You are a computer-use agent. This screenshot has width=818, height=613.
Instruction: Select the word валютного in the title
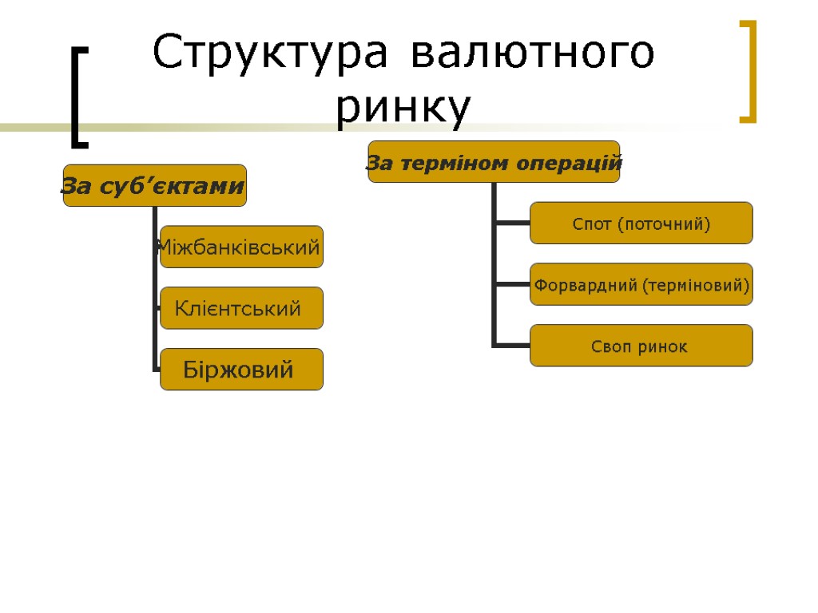(534, 54)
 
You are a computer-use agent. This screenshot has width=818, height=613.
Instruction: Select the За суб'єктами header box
(155, 185)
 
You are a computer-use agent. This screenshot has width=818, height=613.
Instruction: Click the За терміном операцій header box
(494, 162)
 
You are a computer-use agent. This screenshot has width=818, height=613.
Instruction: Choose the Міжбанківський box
(241, 247)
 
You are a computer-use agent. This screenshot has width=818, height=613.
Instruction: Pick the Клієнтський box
(241, 308)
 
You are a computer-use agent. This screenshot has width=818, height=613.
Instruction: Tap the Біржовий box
(241, 370)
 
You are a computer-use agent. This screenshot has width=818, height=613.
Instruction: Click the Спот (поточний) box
(641, 223)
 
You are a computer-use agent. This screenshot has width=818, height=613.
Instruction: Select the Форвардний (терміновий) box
(641, 284)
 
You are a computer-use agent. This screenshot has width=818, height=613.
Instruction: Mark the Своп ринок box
(641, 346)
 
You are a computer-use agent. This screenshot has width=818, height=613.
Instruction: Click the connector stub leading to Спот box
(512, 223)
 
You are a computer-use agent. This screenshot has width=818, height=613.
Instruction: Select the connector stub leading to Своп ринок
(512, 346)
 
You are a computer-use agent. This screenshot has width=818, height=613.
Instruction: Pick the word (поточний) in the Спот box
(664, 223)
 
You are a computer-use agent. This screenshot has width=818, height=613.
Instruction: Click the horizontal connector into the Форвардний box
(512, 284)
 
